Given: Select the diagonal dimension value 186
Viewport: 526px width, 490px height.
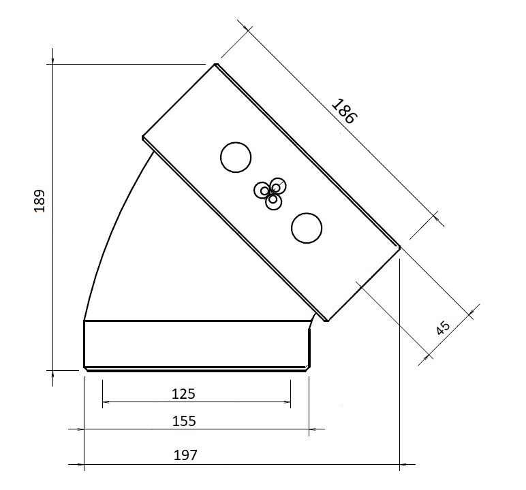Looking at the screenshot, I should (343, 111).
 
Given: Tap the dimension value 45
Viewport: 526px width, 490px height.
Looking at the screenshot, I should (443, 327).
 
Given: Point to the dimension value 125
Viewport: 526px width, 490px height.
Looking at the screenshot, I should (184, 393).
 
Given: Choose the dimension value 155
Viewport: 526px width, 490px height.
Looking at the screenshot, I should (184, 421).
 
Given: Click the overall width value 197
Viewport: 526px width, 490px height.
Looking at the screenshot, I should (186, 455).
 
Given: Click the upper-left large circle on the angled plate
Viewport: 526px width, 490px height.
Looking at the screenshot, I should (236, 157).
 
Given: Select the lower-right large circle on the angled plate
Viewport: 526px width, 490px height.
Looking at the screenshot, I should (306, 227).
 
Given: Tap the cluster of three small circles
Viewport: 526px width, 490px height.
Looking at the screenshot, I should (271, 192).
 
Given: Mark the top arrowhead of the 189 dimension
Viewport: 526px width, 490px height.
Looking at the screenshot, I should (52, 64).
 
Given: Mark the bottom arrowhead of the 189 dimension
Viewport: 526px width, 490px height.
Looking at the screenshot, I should (52, 370).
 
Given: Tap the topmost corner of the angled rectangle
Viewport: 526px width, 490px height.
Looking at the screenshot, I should (216, 64).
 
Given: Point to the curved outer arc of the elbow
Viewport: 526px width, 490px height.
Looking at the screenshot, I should (109, 231).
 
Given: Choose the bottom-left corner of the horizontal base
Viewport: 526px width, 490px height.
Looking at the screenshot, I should (84, 370).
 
